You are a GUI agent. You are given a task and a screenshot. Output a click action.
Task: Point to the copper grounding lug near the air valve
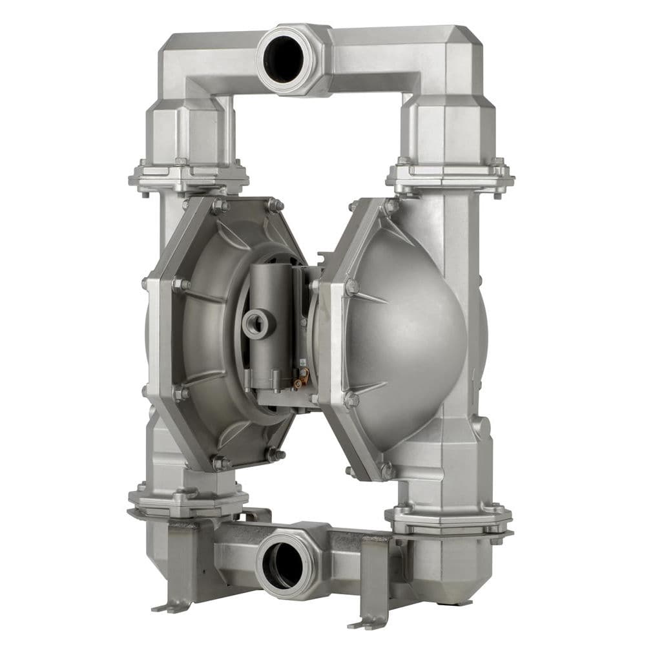pyautogui.click(x=298, y=382)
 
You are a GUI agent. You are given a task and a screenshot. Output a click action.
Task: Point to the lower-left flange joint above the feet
pyautogui.click(x=187, y=501)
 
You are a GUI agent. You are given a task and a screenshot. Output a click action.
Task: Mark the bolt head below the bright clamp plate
pyautogui.click(x=351, y=399)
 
